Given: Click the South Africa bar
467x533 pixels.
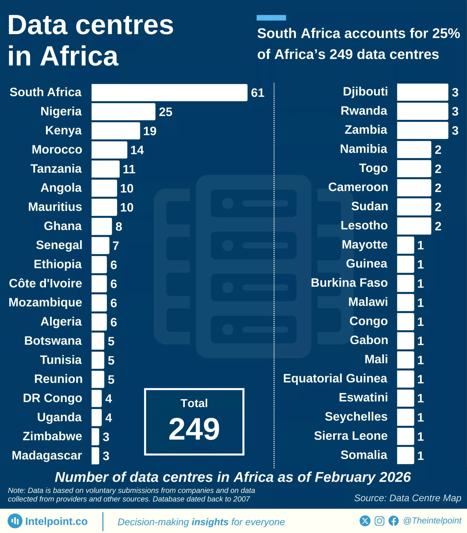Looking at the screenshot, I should pos(169,92).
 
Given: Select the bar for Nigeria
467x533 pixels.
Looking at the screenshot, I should pos(123,112).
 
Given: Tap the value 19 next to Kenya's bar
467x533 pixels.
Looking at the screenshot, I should pos(150,131).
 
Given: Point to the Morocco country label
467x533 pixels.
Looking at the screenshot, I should pos(57,150).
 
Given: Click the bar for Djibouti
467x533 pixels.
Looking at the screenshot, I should pos(422,92).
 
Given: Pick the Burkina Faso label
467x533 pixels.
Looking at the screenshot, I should pos(349,283).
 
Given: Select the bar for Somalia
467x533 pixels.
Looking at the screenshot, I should pos(406,455).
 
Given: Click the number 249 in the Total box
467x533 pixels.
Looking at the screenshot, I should pos(194,429).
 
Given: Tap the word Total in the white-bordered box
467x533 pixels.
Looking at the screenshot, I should pos(194,403).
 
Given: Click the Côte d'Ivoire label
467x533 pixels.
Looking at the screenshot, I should pos(46,283).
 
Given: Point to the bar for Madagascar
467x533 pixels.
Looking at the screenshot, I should pos(95,456).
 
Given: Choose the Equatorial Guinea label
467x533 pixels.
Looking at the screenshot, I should pos(335,379).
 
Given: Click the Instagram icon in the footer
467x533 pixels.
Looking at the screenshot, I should pos(379,521).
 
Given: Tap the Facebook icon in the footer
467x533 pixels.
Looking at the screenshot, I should pos(394,521).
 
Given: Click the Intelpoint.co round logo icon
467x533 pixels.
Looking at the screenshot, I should pos(15,521).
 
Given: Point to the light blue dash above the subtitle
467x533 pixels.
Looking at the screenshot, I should pos(271,18).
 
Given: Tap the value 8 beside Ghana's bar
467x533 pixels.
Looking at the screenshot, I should pos(119,227).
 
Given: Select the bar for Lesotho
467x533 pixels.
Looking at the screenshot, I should pos(414,226).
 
